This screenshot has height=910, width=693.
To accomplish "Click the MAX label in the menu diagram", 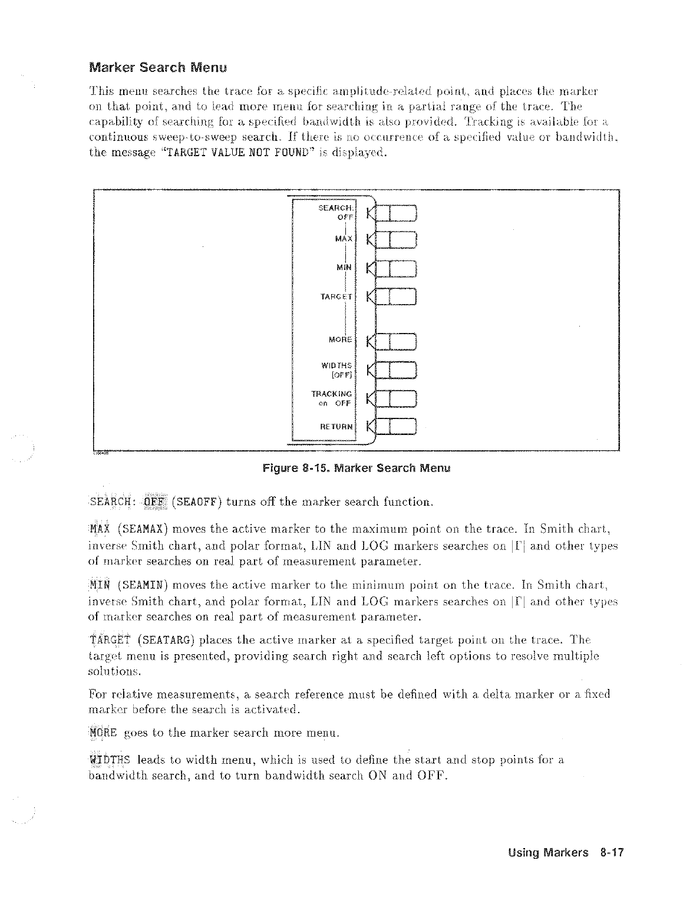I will (x=344, y=239).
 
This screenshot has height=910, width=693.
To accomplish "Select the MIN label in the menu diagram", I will (x=344, y=267).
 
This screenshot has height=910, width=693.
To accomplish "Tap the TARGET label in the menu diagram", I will (x=336, y=296).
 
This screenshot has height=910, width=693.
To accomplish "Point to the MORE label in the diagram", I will (x=340, y=339).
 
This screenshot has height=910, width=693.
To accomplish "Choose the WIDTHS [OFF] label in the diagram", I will (x=337, y=370).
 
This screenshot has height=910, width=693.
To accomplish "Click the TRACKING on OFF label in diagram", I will (x=332, y=398).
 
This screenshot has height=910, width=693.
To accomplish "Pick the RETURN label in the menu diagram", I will (x=337, y=426).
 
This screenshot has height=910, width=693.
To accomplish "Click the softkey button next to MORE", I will (x=395, y=341).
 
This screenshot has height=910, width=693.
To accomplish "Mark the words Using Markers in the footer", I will (x=549, y=852).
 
